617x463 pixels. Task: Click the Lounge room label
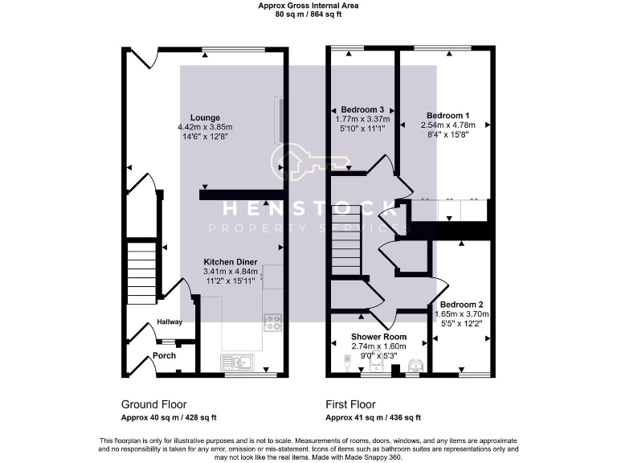click(205, 117)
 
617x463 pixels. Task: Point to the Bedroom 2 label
click(461, 304)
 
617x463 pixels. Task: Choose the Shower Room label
click(378, 337)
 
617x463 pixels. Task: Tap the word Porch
click(165, 355)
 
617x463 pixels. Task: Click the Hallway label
click(170, 322)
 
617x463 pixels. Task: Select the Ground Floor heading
click(154, 404)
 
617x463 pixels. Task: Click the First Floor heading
click(350, 404)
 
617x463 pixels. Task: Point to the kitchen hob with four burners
click(272, 322)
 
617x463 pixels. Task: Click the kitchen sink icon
click(238, 363)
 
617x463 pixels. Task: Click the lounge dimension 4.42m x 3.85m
click(205, 127)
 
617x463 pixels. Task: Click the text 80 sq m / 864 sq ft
click(308, 14)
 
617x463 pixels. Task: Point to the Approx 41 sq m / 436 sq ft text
click(373, 418)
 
